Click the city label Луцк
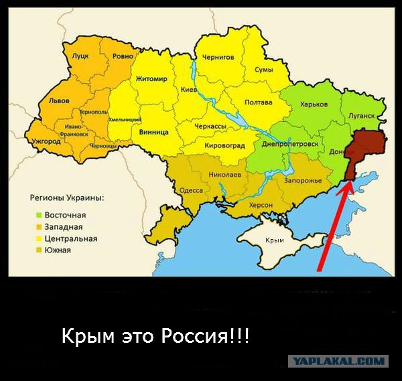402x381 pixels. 80,57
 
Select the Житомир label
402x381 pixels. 151,79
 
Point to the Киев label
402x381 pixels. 188,88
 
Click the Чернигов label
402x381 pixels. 218,57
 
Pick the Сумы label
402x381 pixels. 264,70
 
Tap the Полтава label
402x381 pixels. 259,102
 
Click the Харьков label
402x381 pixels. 314,105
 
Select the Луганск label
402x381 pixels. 361,116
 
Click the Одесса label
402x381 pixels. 192,190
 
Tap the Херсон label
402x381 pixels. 261,205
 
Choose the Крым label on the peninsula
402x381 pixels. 275,240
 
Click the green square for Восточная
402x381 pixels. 39,215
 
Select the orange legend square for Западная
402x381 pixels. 39,227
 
